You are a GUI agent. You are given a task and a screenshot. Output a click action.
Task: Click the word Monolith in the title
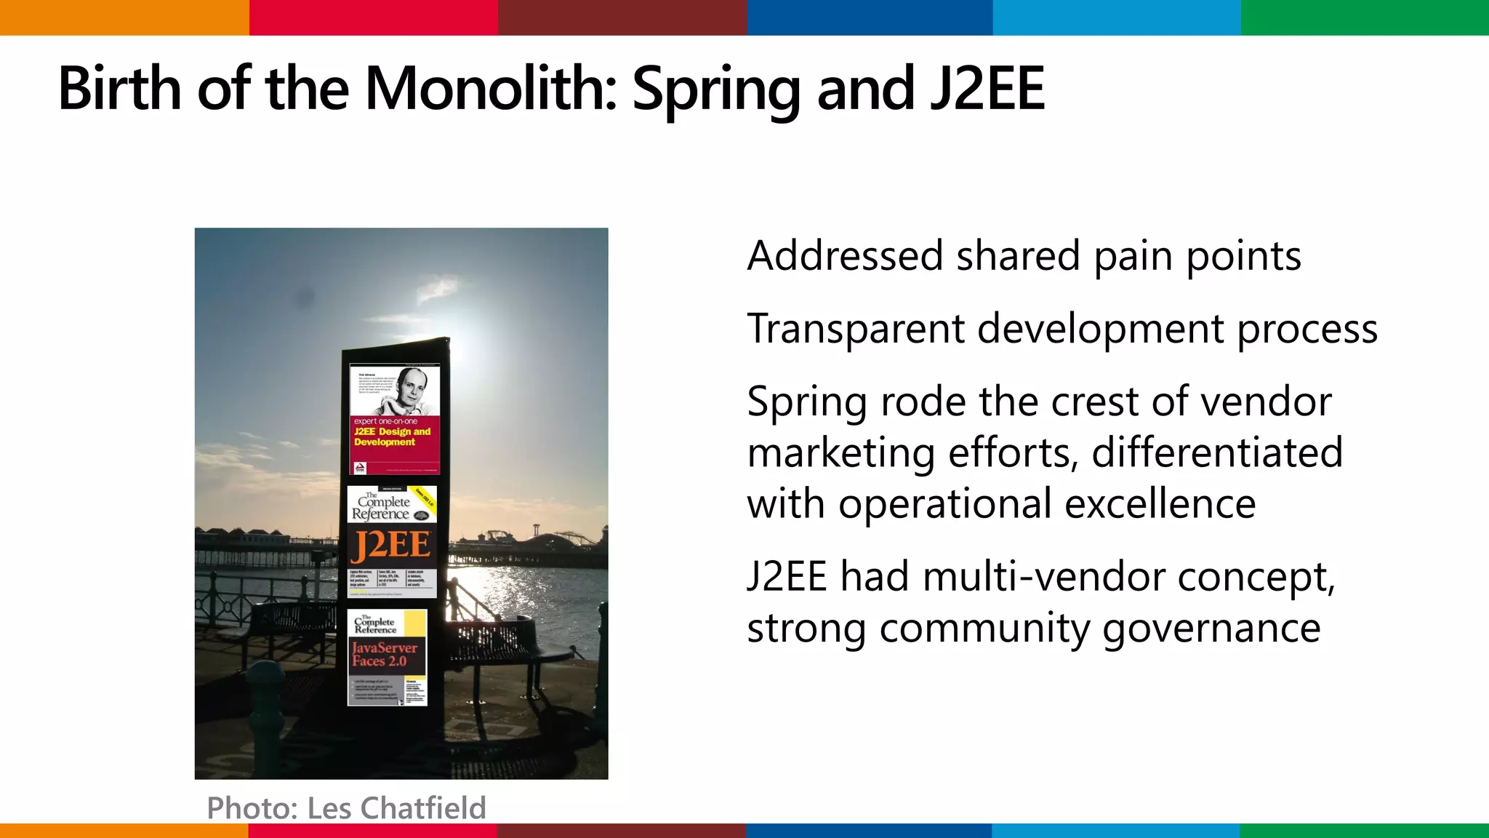(491, 89)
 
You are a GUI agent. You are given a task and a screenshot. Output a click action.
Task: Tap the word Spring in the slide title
(716, 90)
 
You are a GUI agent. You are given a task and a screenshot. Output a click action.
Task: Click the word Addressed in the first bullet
(843, 256)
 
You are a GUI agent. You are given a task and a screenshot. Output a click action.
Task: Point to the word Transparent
(855, 329)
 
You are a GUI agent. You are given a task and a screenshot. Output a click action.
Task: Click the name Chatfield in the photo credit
(423, 808)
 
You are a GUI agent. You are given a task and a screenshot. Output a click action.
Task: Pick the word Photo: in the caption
(252, 808)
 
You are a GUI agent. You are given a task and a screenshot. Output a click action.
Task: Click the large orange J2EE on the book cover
(391, 546)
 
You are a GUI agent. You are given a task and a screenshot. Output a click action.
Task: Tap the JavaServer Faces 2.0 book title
(385, 654)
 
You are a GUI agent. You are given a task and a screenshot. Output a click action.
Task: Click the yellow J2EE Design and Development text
(392, 436)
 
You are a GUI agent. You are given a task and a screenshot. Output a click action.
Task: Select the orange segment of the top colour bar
(124, 17)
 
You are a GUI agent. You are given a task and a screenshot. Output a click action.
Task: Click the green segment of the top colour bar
(1365, 17)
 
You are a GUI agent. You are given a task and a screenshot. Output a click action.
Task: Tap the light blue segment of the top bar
(1117, 17)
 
